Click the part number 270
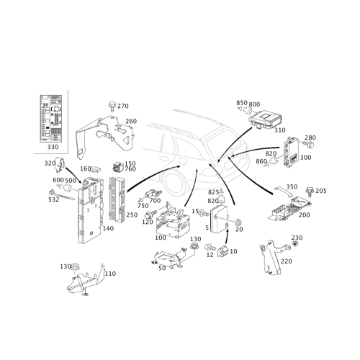[123, 106]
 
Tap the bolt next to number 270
[112, 107]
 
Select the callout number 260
[131, 121]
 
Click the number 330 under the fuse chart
[53, 147]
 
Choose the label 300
[305, 158]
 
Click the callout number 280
[310, 138]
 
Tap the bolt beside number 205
[310, 192]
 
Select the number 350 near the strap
[292, 186]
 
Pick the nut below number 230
[295, 244]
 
